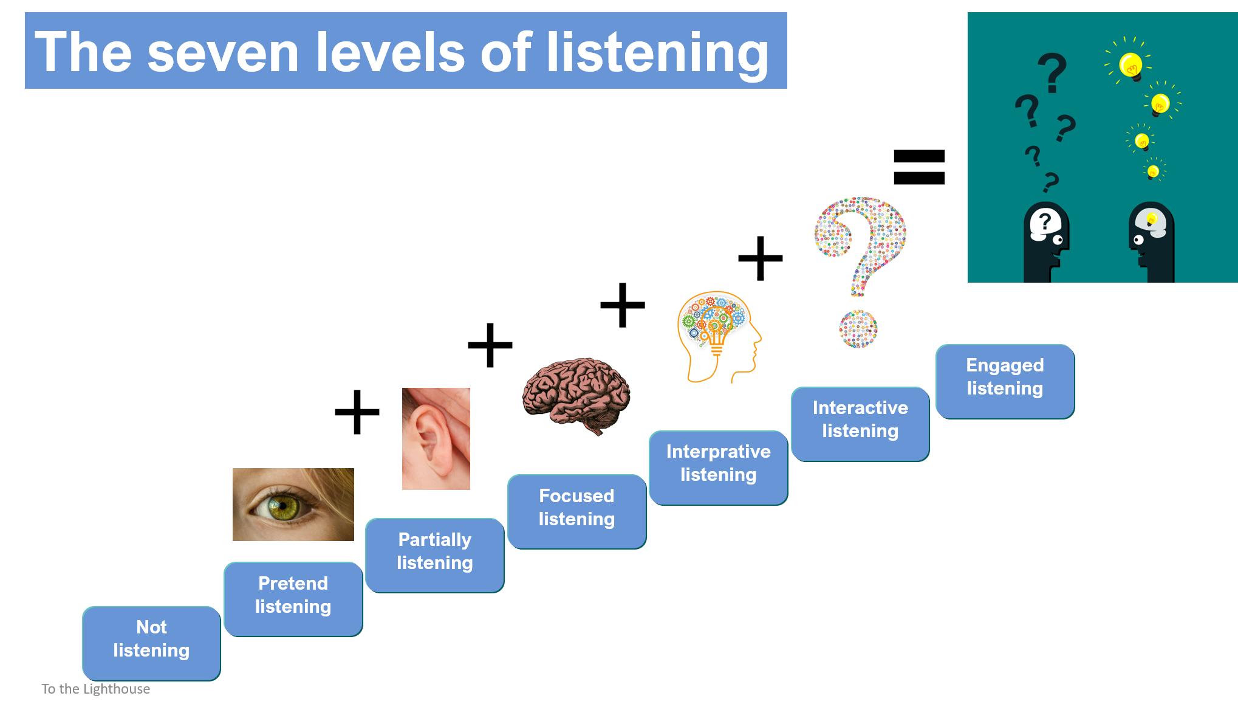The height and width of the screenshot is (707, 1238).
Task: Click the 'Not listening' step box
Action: click(x=151, y=643)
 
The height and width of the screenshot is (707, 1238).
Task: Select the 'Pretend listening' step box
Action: click(x=293, y=599)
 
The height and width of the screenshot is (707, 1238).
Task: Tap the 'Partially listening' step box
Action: click(x=435, y=555)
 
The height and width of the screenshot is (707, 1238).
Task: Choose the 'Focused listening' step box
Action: click(x=577, y=511)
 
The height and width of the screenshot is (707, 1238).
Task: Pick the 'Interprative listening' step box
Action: click(x=719, y=467)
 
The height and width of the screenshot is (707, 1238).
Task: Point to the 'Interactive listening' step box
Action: click(x=860, y=424)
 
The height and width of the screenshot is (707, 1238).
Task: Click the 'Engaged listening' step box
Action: click(x=1005, y=381)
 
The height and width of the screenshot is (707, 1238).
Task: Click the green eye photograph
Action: click(x=293, y=504)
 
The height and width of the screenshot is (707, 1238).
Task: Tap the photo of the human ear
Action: click(x=436, y=438)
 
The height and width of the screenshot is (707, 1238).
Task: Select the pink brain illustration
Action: click(x=576, y=395)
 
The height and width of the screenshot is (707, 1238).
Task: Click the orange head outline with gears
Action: click(x=718, y=336)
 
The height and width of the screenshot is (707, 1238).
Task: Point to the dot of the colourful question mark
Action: click(x=858, y=329)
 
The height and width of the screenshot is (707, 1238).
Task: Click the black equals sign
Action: click(x=919, y=167)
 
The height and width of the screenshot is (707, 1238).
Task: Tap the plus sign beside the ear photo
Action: click(x=357, y=412)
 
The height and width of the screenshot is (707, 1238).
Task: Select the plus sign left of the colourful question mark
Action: click(x=761, y=258)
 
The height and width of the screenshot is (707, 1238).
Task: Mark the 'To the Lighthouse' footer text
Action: click(x=96, y=689)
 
